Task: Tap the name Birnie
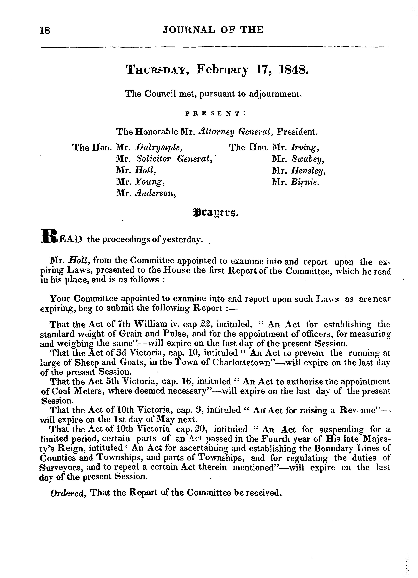click(304, 182)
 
